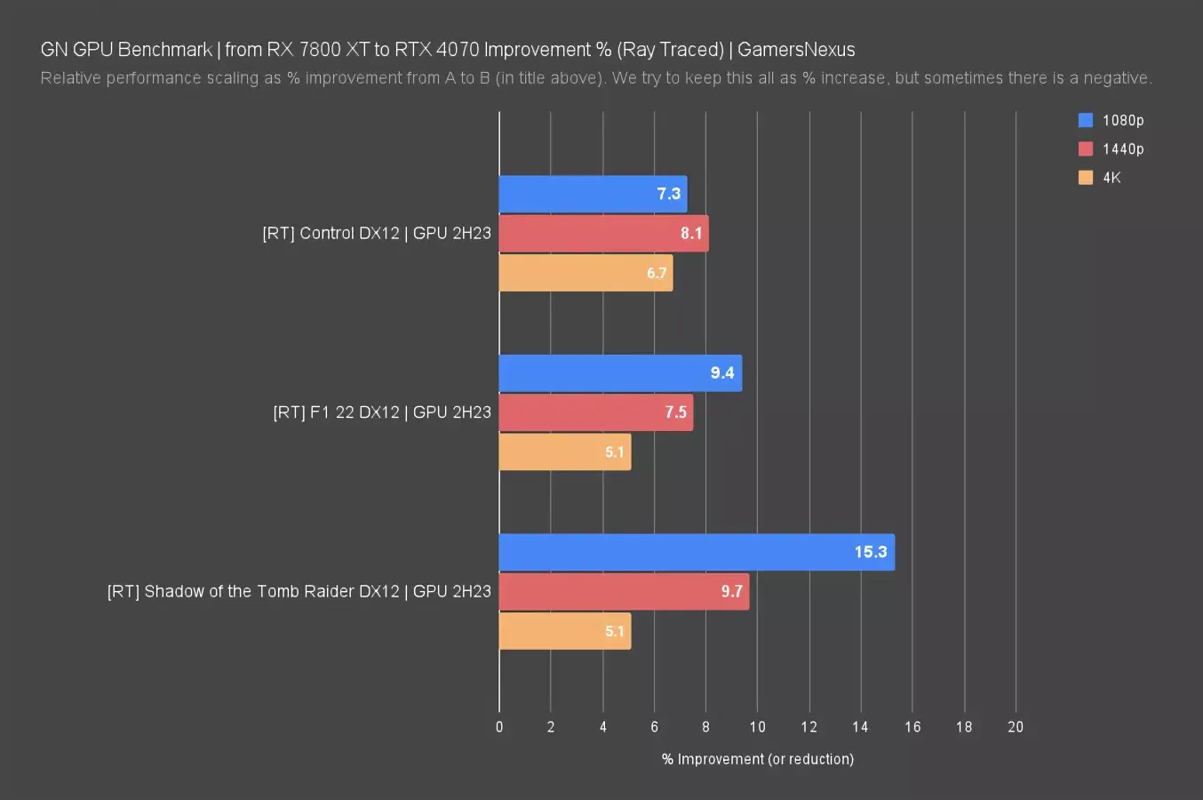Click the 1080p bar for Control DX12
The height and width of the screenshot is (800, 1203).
pos(593,194)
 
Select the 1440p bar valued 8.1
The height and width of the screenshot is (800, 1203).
pos(603,234)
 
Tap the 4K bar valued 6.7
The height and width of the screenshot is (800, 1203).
pos(586,273)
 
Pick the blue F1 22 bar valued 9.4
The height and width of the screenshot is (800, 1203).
pos(620,373)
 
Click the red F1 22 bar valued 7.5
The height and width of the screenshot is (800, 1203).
pos(595,412)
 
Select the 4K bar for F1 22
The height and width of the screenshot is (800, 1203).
pos(565,452)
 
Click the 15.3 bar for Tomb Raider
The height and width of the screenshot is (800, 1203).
pos(697,552)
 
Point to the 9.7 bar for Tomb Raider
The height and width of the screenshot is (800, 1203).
pos(624,592)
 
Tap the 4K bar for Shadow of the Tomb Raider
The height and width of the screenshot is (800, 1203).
pos(565,631)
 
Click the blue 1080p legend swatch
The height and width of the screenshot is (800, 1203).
pos(1086,120)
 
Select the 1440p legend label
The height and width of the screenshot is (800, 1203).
pos(1123,149)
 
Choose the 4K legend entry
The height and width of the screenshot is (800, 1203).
pos(1111,178)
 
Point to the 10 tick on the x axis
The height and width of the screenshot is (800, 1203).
pos(757,727)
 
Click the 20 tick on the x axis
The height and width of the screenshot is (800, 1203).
pos(1016,727)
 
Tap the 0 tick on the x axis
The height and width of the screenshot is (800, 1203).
pos(499,727)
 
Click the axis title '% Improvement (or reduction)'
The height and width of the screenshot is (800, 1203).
pos(757,759)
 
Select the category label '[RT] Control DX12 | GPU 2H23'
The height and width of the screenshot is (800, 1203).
pos(377,234)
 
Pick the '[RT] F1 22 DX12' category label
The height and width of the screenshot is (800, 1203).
pos(382,412)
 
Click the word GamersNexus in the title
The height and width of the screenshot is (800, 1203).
pos(796,50)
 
